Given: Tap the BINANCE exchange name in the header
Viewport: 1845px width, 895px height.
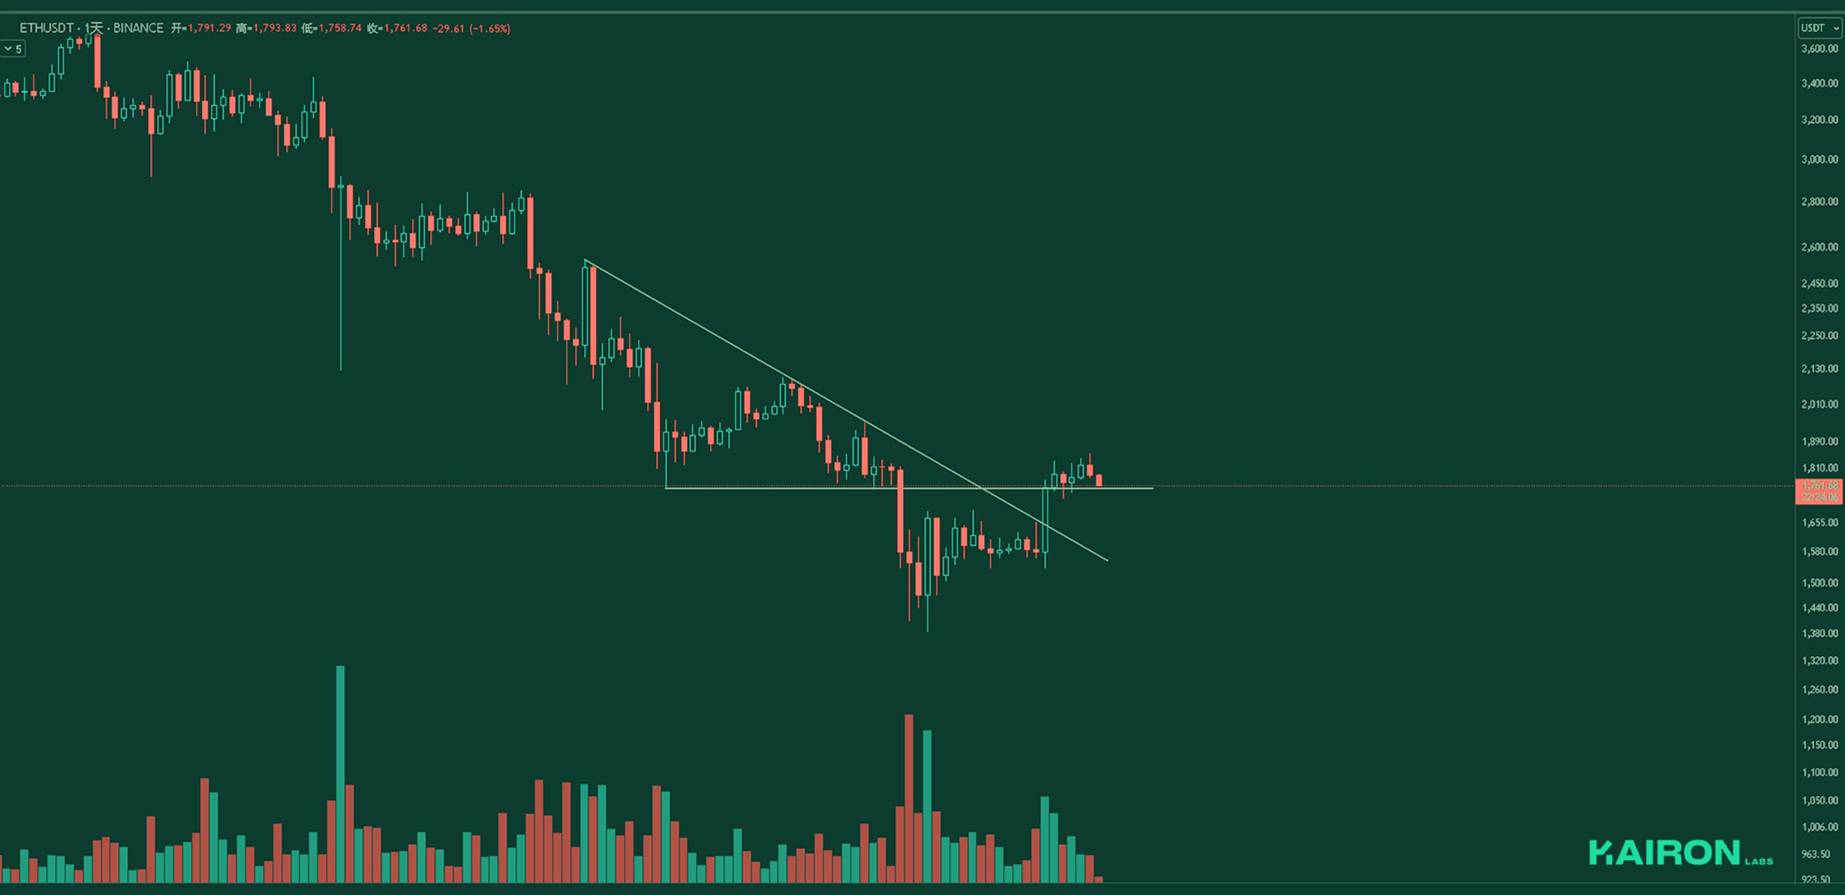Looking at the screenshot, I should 138,28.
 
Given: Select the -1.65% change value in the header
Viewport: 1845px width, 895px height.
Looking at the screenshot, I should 490,29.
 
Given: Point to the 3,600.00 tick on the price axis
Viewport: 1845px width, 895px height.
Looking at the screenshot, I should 1819,48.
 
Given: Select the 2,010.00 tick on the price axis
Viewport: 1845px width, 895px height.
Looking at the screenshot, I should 1819,405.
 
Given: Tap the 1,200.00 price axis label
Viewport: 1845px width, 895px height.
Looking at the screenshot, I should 1819,720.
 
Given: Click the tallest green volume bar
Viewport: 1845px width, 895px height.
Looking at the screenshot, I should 340,773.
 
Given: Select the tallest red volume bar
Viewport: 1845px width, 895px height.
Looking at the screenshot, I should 909,798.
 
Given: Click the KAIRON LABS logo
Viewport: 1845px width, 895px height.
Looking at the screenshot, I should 1680,853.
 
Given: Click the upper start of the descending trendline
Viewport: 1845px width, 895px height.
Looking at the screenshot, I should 585,260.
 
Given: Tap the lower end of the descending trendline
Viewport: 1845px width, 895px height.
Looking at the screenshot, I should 1107,560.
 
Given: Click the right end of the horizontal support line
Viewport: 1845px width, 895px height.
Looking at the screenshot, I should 1152,488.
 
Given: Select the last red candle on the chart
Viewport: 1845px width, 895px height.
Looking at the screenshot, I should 1099,481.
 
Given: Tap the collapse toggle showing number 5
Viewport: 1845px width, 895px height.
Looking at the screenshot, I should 13,48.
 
